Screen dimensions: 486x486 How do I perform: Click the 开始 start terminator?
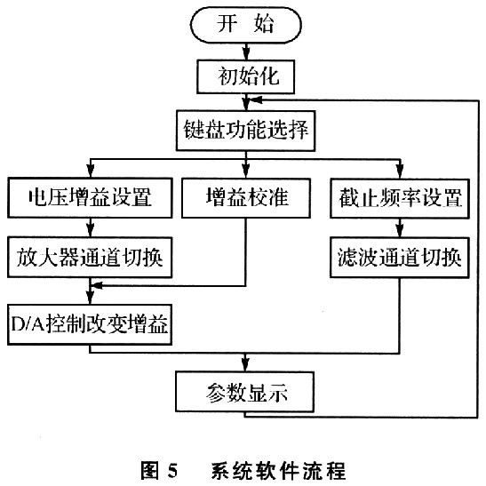246,25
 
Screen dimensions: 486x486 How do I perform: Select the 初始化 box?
245,77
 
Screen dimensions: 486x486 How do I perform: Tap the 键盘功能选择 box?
246,131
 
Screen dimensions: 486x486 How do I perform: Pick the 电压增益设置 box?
90,198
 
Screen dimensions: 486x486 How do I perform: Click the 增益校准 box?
246,198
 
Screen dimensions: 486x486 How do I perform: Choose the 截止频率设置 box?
400,198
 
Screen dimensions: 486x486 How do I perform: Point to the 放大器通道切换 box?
90,258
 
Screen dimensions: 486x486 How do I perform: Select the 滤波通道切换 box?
400,258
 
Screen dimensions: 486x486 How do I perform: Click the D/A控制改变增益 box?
90,324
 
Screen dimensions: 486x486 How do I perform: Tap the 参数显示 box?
245,392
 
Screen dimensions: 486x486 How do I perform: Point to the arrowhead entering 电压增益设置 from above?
91,171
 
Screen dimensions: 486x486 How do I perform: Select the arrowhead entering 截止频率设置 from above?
400,171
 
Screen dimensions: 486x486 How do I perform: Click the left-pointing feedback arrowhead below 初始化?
255,100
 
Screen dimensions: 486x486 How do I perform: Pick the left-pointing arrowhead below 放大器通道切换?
98,286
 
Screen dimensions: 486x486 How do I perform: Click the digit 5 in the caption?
172,470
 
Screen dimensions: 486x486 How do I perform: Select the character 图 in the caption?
150,470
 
